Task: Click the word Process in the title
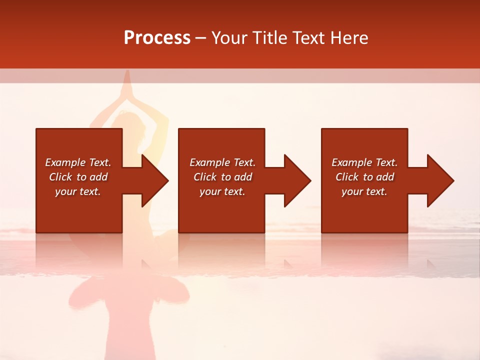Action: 157,38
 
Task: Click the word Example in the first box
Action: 65,162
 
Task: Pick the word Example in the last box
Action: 351,162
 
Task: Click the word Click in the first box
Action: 60,177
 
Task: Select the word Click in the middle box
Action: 204,177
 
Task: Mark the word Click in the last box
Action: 346,177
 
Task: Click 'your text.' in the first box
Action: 78,191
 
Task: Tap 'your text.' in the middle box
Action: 222,191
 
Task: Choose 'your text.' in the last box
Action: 364,191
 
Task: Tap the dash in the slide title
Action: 200,38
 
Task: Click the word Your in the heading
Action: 228,38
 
